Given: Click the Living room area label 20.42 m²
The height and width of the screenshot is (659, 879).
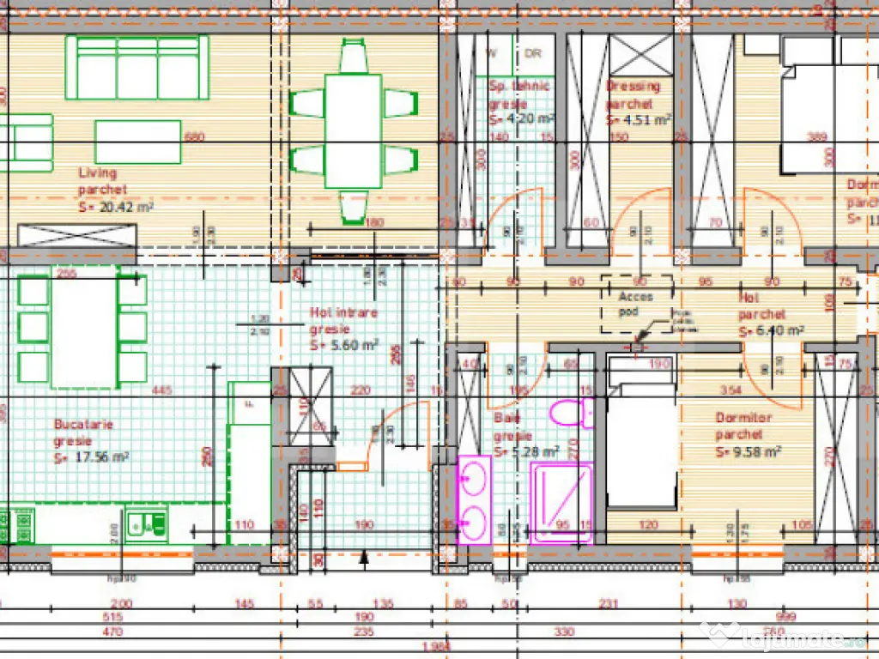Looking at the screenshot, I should coord(117,207).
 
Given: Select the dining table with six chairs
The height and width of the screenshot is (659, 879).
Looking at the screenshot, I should coord(353,130).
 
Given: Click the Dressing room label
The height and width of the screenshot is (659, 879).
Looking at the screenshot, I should coord(633,86).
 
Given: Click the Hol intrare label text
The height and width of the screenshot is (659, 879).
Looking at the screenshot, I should coord(343,313).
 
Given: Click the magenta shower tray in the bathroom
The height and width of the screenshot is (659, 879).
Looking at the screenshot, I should coord(561,502).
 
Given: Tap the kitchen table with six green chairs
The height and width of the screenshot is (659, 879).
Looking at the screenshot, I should coord(83,329).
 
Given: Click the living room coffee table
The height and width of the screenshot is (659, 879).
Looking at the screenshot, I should coord(137,142).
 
